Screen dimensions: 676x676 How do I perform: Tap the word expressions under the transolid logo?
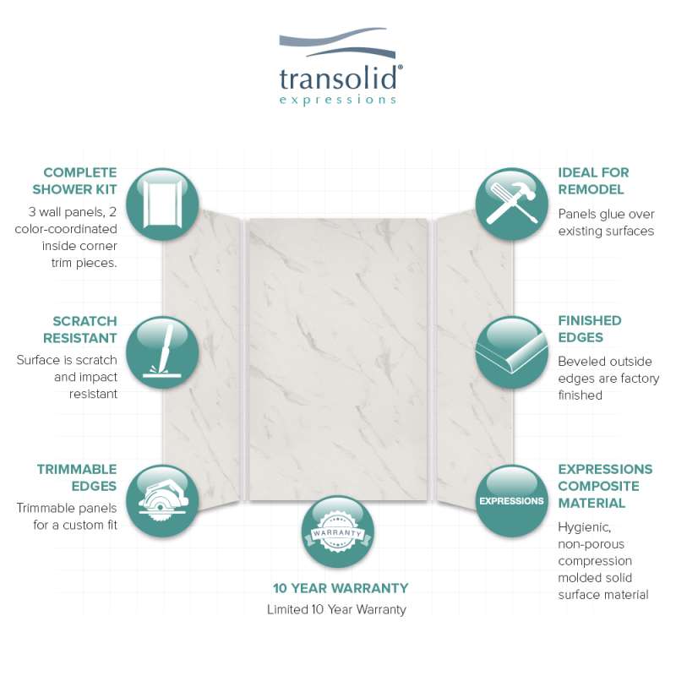pos(337,100)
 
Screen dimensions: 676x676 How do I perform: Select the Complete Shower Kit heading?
pos(74,181)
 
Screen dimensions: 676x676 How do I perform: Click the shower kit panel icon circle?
pos(162,204)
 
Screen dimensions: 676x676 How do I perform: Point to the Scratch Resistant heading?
pos(80,330)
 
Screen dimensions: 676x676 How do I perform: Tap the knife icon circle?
pos(162,352)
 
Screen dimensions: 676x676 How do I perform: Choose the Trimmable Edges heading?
pos(77,477)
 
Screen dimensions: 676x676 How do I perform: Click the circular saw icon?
pos(162,501)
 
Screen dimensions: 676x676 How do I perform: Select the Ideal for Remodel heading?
pos(593,181)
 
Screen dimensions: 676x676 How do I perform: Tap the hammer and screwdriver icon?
pos(512,204)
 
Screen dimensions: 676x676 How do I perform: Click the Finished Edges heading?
pos(589,329)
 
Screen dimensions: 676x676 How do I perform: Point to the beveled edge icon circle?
pos(512,352)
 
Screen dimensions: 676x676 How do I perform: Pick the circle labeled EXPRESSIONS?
pos(512,501)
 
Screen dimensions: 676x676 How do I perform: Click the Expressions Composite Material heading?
pos(605,486)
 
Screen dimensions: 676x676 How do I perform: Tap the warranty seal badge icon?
pos(337,532)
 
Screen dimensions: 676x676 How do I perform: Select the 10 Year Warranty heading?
pos(341,588)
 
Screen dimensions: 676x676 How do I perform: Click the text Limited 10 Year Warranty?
pos(336,609)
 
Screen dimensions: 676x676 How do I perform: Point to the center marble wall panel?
pos(339,360)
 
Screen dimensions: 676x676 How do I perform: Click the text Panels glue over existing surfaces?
pos(606,222)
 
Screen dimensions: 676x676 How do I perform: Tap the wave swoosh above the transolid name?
pos(337,42)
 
